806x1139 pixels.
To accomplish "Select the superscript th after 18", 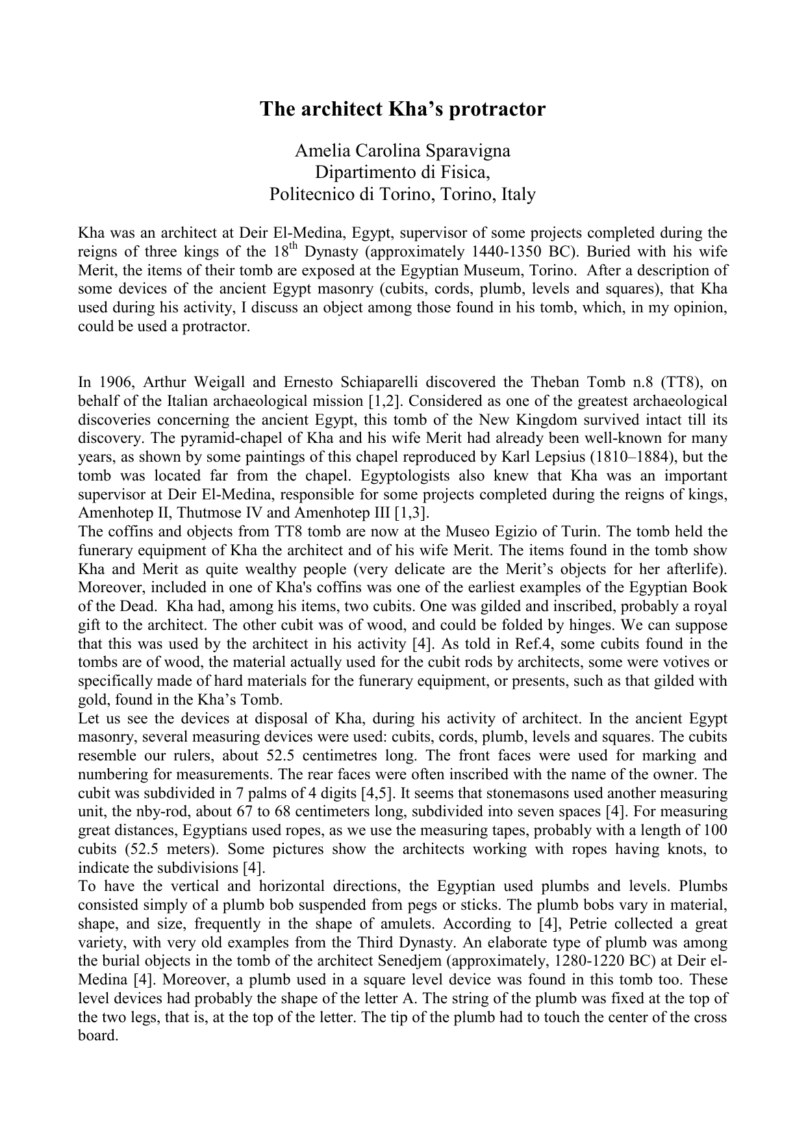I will (292, 247).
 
